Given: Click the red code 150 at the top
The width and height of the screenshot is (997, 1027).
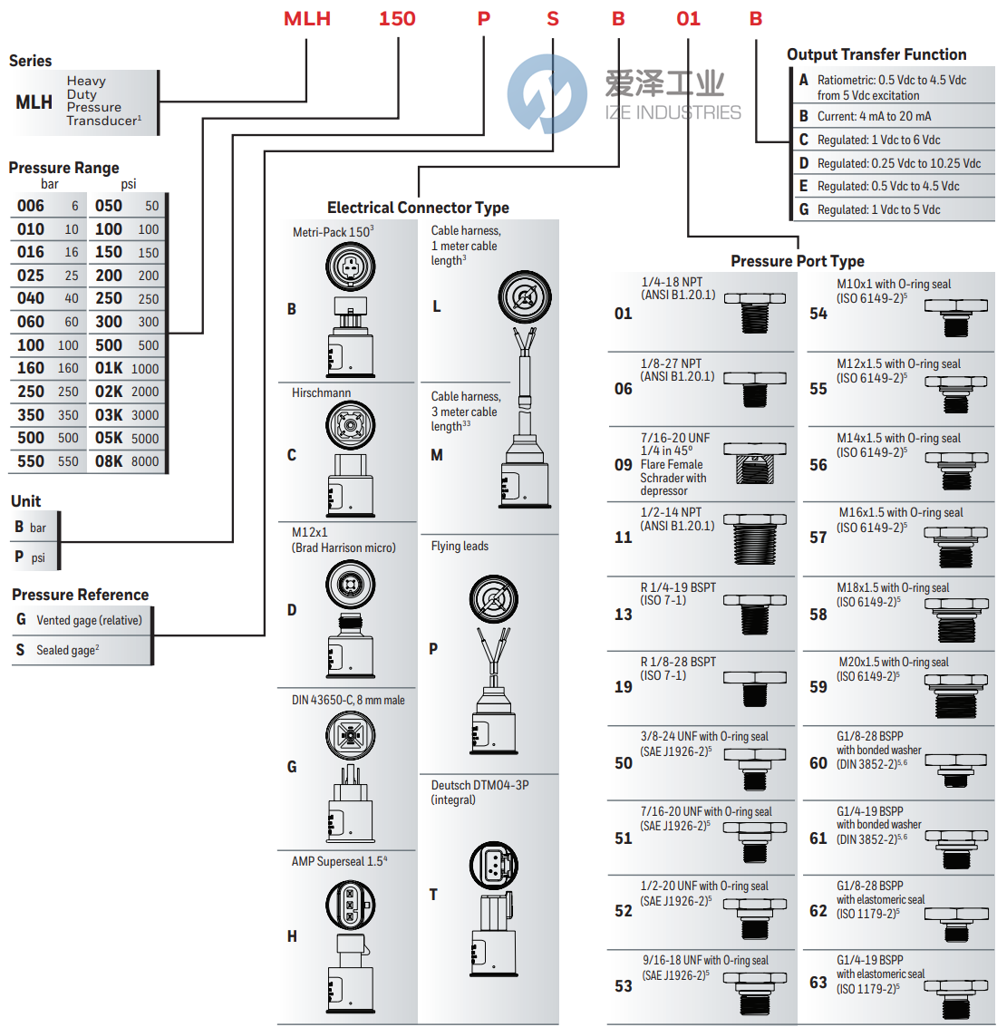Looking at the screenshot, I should coord(397,19).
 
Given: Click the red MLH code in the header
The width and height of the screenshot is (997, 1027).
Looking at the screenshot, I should coord(307,19).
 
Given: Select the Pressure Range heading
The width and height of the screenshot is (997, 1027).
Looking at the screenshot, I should coord(63,168).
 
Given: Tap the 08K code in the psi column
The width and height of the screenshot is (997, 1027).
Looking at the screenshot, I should coord(109,461).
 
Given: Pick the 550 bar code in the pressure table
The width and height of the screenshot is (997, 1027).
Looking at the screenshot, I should coord(31,461).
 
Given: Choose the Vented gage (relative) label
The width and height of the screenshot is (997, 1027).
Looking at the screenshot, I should coord(89,620).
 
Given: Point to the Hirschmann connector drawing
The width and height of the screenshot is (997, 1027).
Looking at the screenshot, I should coord(350,458).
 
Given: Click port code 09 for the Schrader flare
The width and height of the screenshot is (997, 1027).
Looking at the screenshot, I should coord(624,465).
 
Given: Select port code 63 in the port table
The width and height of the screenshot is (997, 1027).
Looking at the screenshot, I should coord(818,983).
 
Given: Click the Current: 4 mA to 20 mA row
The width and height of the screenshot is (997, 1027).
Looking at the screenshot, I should coord(874,116).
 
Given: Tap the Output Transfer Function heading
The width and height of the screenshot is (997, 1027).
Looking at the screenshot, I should coord(876,54).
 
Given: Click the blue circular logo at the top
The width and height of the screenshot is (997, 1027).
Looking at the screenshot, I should coord(547,93).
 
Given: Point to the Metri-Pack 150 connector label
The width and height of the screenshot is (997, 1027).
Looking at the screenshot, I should coord(333,232).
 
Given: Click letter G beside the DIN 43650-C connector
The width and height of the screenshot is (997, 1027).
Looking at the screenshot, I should coord(292,767).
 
